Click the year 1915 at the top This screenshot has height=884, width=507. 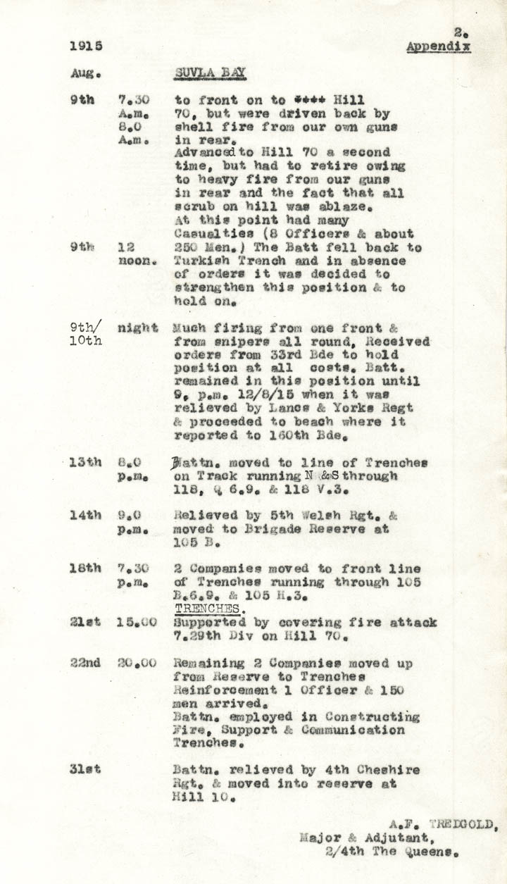coord(86,46)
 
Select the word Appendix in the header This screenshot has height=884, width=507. coord(438,46)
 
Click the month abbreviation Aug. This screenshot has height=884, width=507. coord(86,73)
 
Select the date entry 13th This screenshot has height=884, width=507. coord(85,462)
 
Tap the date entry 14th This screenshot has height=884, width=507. coord(85,515)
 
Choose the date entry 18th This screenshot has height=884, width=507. coord(85,568)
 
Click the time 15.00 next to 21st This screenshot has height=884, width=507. coord(133,623)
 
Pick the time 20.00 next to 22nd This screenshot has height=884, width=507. coord(133,663)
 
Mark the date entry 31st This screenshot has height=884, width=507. coord(85,769)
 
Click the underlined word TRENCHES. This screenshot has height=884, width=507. coord(208,609)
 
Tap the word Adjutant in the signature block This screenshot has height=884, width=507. coord(399,838)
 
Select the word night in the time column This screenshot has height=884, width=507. coord(137,328)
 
